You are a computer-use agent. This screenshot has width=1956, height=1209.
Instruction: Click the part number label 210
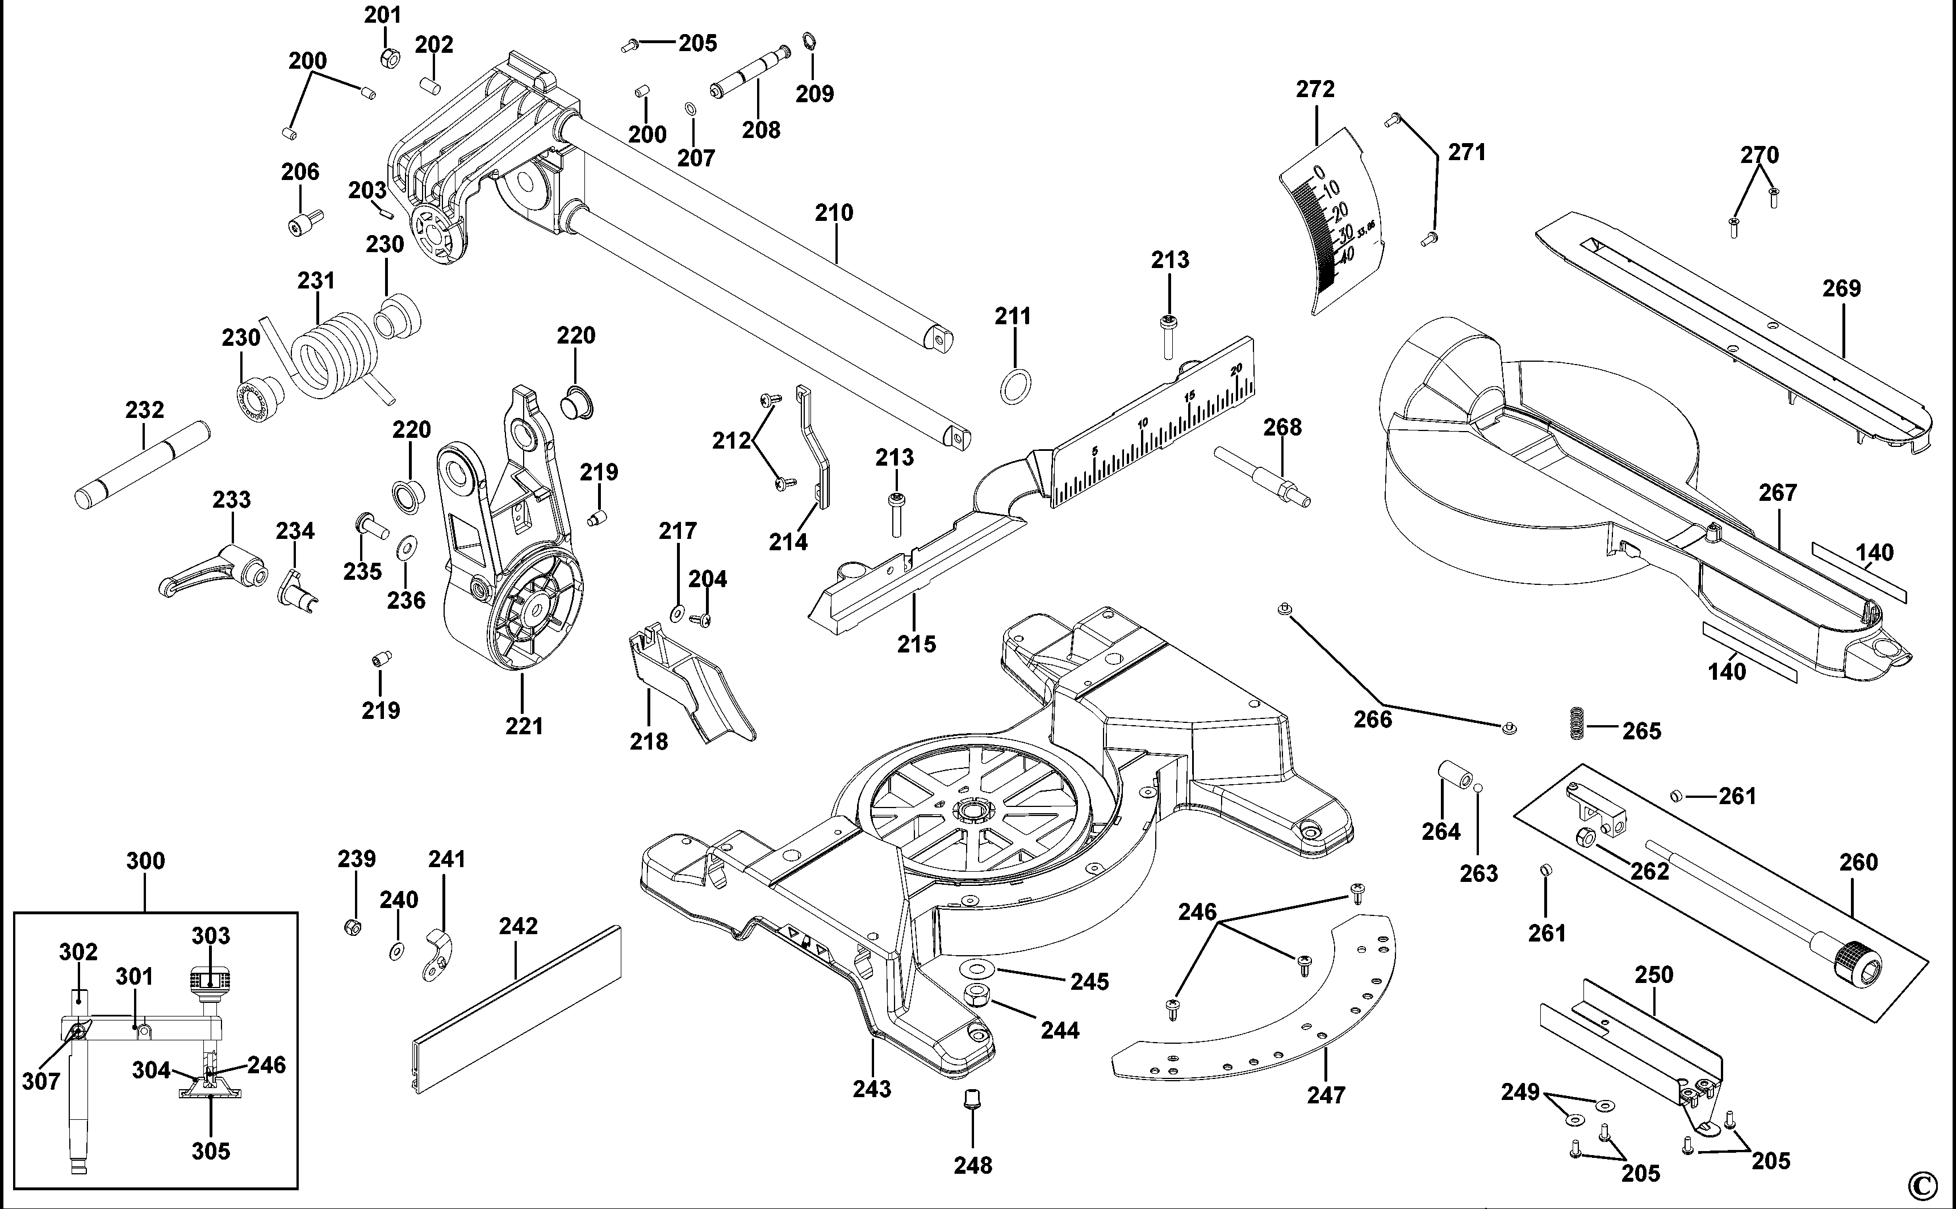834,213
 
